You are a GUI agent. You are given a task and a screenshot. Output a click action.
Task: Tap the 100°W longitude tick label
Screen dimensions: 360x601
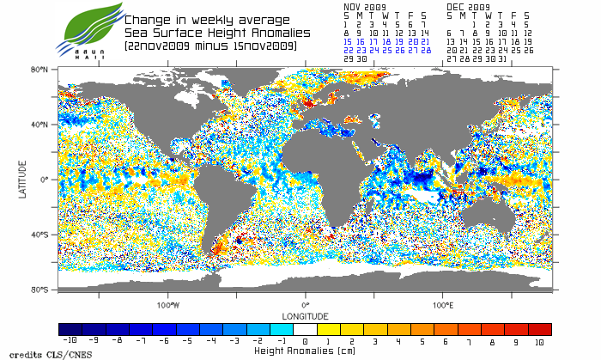click(x=168, y=305)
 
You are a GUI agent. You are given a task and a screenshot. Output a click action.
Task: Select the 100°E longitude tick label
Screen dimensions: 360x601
click(x=443, y=305)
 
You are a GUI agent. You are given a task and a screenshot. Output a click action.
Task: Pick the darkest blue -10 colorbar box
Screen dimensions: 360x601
click(x=70, y=329)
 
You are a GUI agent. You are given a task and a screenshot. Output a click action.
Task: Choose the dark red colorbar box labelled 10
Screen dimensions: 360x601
click(x=540, y=329)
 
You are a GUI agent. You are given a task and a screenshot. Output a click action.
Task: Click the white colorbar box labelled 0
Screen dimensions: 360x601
click(x=306, y=329)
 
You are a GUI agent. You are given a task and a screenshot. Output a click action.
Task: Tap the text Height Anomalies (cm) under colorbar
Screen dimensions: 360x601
click(x=305, y=351)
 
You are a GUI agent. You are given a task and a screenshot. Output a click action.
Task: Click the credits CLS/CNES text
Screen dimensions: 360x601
click(x=35, y=353)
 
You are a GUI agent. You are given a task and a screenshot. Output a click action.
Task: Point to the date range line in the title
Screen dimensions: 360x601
click(x=210, y=46)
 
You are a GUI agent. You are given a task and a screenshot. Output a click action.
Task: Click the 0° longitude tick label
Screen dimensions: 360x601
click(x=306, y=305)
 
